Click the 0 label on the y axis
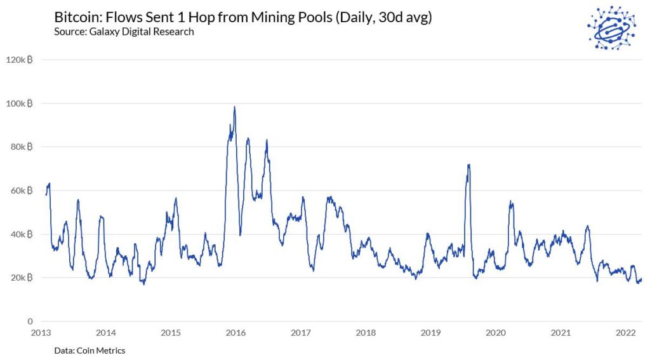[x=29, y=322]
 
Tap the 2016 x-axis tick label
[x=235, y=333]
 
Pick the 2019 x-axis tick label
[x=430, y=333]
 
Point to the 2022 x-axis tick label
[x=625, y=333]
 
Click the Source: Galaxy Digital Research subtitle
[x=124, y=32]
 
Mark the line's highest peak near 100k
[x=235, y=107]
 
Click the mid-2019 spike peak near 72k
[x=468, y=165]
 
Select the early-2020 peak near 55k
[x=510, y=202]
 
